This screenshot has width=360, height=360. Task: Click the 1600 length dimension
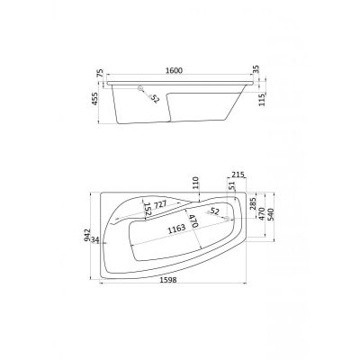point(174,71)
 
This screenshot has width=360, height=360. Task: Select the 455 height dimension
point(94,98)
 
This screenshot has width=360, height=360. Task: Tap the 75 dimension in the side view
point(100,73)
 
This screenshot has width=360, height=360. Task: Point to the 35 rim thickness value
point(256,70)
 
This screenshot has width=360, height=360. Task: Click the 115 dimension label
point(262,99)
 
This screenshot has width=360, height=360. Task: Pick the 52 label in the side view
point(154,98)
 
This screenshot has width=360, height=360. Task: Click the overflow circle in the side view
point(140,88)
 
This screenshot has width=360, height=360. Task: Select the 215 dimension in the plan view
point(238,175)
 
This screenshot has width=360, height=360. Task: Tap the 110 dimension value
point(195,183)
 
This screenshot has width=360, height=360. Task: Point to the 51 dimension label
point(231,186)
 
